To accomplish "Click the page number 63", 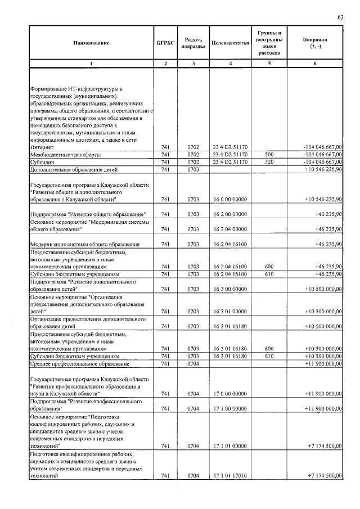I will (x=340, y=17).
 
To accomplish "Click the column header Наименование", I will (x=91, y=43).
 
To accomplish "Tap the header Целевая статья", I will (x=230, y=43).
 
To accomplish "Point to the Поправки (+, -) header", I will (x=315, y=43).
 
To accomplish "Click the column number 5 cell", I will (x=269, y=63).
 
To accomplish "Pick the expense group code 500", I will (x=269, y=154).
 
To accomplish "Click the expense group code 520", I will (x=269, y=161).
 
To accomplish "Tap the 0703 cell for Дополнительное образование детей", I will (x=193, y=169).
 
